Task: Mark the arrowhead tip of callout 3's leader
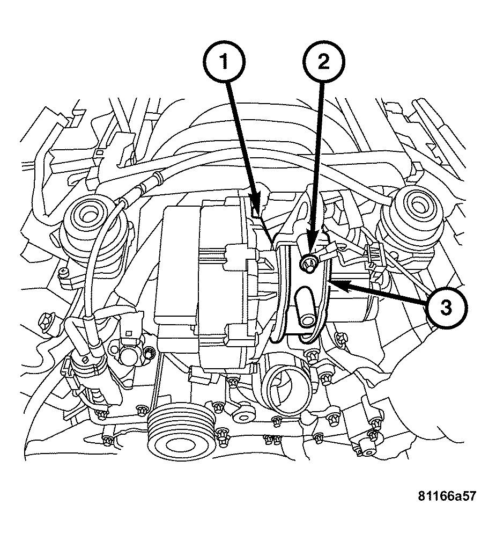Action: tap(328, 281)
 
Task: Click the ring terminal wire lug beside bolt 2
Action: tap(328, 249)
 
